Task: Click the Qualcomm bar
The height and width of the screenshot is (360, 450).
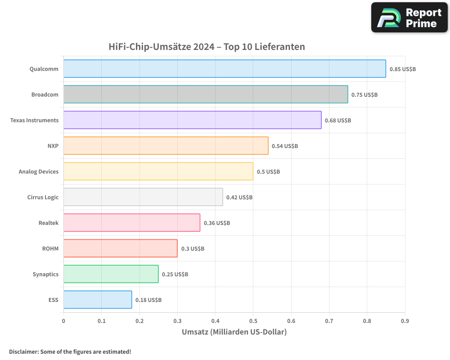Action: pos(224,69)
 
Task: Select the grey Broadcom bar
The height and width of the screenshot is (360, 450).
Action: pos(205,94)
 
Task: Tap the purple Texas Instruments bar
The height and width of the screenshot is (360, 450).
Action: pos(192,120)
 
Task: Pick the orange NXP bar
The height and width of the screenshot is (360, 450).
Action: pos(166,146)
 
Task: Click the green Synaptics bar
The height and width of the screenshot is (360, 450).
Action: pos(111,274)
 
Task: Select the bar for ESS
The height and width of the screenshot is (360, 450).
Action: pos(97,300)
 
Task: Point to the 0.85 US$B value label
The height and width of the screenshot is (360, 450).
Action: pos(402,69)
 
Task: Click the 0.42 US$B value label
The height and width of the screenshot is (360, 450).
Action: pos(239,198)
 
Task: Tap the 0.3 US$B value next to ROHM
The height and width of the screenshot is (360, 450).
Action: pos(193,249)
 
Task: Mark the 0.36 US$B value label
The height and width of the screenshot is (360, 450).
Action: pos(216,223)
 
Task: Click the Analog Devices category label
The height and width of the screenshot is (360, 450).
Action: pos(39,171)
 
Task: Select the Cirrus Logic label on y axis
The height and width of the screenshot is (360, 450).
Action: pos(43,197)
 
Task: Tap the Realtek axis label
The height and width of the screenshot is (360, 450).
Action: pos(49,223)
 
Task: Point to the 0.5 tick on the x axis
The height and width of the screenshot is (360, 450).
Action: pos(253,321)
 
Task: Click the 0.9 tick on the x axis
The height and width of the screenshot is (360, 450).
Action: pos(405,321)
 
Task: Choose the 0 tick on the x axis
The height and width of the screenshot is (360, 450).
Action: pos(63,321)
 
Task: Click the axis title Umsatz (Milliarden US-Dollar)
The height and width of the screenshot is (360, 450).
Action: pos(234,332)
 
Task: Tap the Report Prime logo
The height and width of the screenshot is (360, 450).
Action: pos(409,18)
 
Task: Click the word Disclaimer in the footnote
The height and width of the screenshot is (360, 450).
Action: pos(23,351)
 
